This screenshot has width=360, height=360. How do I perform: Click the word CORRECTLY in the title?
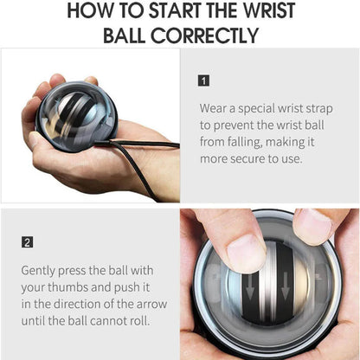[205, 36]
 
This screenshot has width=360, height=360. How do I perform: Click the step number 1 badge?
[203, 80]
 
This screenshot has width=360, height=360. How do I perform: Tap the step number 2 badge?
[27, 242]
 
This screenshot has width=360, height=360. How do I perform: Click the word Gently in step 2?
[40, 270]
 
